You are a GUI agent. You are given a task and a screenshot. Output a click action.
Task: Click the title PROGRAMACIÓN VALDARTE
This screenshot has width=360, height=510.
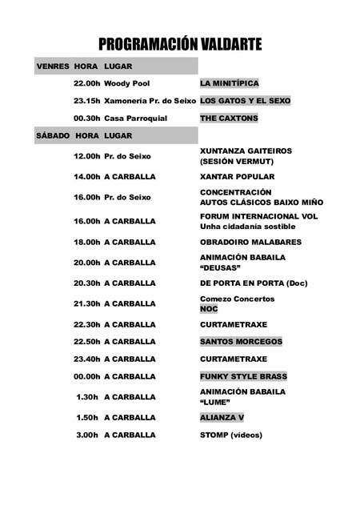[x=180, y=44]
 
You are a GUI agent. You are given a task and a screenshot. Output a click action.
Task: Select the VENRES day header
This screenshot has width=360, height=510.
[x=53, y=66]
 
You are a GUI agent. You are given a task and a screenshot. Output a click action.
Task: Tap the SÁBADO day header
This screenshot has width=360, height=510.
[x=53, y=135]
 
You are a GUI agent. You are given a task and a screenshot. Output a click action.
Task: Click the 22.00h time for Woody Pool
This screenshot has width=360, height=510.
[x=86, y=83]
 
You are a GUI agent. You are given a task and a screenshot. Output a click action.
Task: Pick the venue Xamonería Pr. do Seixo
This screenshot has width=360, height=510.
[x=150, y=101]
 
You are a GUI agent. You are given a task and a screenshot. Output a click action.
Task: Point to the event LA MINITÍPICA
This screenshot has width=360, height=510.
[x=230, y=83]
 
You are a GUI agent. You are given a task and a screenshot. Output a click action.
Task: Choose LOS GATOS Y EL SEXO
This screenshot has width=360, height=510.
[x=245, y=101]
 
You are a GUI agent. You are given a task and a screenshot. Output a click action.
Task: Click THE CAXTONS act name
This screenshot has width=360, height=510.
[x=229, y=118]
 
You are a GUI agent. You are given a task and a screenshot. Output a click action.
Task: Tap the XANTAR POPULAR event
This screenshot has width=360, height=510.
[x=237, y=176]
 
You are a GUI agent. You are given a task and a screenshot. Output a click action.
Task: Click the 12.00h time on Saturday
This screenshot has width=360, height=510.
[x=86, y=155]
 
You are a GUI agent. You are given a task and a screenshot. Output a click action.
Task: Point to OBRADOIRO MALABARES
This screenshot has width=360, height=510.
[x=250, y=242]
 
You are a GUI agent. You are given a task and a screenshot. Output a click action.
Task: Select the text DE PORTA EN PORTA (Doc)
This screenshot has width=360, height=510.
[x=254, y=283]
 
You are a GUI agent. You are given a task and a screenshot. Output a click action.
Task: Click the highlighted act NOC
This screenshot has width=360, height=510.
[x=209, y=308]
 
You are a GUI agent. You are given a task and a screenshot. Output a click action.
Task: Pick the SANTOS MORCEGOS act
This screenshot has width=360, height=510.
[x=241, y=342]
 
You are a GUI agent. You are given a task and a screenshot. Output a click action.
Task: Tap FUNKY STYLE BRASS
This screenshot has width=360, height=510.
[x=243, y=376]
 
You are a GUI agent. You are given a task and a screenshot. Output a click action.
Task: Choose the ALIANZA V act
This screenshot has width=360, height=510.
[x=222, y=417]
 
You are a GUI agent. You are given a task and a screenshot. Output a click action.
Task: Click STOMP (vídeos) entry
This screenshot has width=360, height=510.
[x=231, y=435]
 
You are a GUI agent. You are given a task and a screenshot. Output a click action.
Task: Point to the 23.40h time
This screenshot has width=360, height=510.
[x=86, y=359]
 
